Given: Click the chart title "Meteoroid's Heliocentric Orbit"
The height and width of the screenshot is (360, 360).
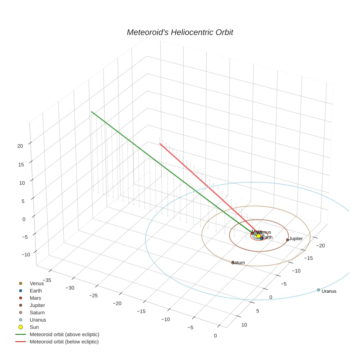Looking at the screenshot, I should [180, 33].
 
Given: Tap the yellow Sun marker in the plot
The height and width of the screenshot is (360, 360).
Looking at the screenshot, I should [258, 236].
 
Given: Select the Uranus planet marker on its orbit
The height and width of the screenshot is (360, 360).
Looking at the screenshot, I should [318, 290].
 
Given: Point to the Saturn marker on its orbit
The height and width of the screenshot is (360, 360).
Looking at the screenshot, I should [233, 262].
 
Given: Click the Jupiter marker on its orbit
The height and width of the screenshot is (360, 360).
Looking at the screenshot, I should [288, 240].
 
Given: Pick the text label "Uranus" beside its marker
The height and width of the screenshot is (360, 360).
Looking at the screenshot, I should [329, 291].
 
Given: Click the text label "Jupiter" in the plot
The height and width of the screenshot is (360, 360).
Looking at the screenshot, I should [296, 239].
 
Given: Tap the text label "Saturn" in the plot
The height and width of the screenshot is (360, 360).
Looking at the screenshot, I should [239, 263].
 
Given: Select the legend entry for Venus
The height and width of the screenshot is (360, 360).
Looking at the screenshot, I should [37, 284].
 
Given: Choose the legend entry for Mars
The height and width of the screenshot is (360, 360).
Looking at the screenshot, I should [35, 298].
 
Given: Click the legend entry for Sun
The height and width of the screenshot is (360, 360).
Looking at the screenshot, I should [34, 327].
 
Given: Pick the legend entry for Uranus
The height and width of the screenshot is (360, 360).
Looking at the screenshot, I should [38, 320].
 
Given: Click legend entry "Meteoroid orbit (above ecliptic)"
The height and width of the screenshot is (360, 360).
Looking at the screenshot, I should [64, 334].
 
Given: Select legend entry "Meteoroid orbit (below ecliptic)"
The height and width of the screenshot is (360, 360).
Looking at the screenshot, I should [64, 342].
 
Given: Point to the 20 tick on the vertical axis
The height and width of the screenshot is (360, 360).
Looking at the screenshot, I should [20, 146].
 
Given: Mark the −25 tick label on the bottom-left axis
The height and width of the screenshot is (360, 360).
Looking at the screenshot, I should [93, 296].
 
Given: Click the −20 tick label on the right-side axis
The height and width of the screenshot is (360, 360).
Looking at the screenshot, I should [321, 245].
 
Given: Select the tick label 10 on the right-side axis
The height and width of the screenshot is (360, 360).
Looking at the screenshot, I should [244, 325].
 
